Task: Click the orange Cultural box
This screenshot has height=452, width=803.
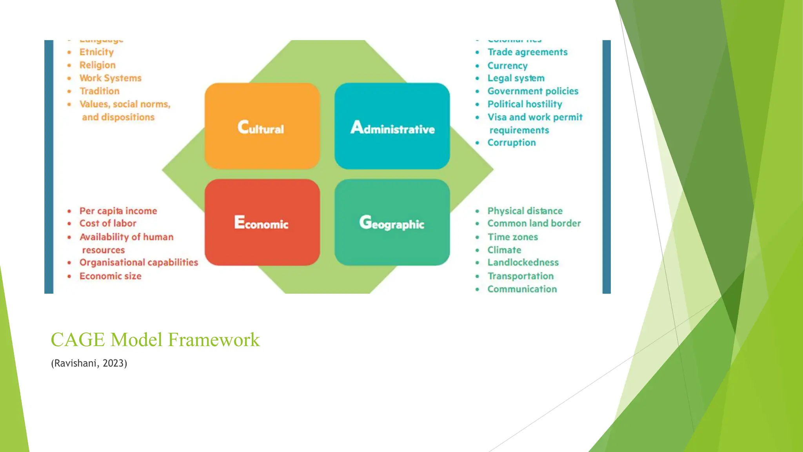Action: coord(262,126)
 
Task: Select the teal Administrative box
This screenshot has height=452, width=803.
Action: coord(392,126)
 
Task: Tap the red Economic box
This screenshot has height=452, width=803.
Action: coord(262,222)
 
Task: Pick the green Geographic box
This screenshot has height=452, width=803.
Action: coord(392,222)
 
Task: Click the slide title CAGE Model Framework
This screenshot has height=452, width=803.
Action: coord(155,340)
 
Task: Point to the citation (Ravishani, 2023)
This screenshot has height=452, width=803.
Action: coord(89,363)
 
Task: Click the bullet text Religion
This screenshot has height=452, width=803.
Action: coord(98,65)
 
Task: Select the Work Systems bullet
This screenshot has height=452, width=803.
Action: coord(111,78)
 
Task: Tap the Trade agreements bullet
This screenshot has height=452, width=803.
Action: coord(527,52)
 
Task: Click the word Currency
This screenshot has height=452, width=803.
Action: coord(507,66)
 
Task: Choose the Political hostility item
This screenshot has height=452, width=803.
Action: coord(525,104)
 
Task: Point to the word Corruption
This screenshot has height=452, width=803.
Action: coord(511,143)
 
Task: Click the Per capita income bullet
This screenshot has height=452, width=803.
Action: coord(118,211)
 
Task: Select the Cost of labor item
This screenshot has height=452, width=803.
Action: coord(108,223)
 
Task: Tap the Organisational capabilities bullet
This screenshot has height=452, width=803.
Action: coord(139,262)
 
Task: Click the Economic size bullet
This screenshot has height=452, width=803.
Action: coord(111,276)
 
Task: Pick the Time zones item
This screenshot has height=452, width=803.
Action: coord(512,237)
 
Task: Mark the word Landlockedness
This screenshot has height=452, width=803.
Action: coord(523,262)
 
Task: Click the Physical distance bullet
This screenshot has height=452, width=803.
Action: coord(525,211)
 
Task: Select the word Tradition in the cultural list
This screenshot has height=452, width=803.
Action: coord(100,91)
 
